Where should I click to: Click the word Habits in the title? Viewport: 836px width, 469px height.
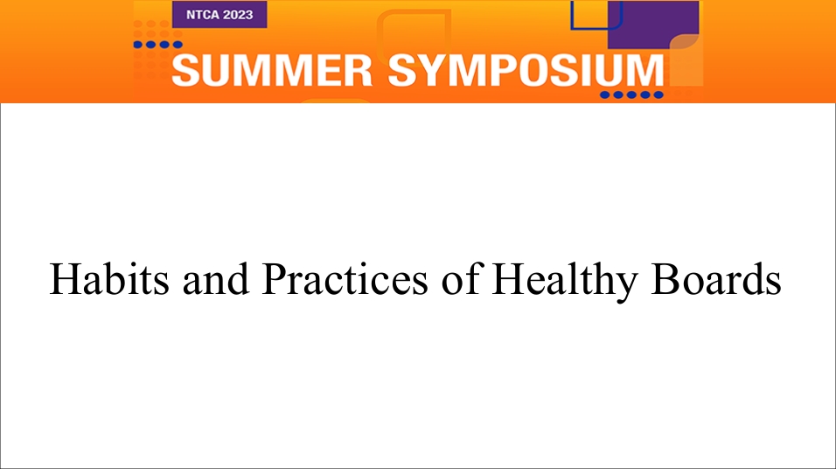coord(109,279)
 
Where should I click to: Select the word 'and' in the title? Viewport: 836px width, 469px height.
coord(216,279)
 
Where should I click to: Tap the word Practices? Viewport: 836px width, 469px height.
coord(345,279)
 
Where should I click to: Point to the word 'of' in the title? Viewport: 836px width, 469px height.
coord(462,278)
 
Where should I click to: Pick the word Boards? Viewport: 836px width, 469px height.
coord(716,279)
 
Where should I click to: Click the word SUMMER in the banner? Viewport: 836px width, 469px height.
coord(272,70)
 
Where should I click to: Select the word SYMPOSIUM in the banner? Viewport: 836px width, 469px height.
coord(526,70)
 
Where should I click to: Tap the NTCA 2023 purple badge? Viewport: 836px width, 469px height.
coord(219,14)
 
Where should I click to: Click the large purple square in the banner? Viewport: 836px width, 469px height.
coord(653,24)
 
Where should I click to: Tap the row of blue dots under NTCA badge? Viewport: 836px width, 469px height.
coord(157,45)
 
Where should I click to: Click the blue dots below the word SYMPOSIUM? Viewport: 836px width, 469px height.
coord(631,95)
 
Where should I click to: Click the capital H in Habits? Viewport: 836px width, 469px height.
coord(63,279)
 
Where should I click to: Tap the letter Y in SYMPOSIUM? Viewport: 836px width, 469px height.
coord(435,70)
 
